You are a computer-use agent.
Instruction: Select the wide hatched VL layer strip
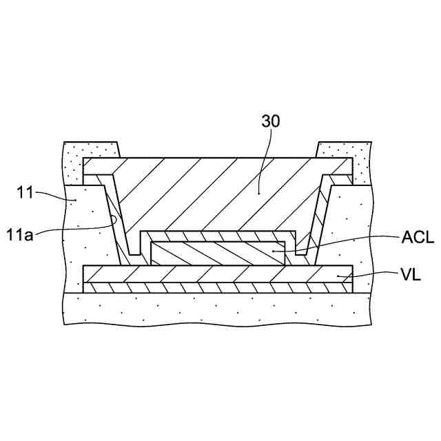coord(207,274)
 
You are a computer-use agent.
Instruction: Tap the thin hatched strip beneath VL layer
coord(207,287)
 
